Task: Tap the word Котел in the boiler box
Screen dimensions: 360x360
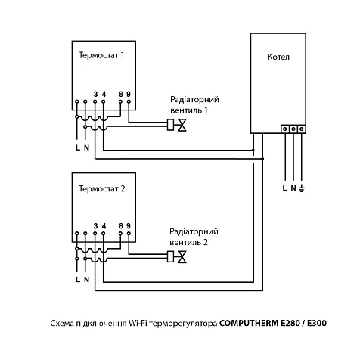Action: [x=279, y=57]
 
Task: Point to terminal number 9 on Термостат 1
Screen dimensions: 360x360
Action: [x=129, y=95]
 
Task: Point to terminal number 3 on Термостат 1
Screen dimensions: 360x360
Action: [x=95, y=95]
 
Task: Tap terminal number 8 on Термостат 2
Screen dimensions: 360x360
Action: [x=121, y=226]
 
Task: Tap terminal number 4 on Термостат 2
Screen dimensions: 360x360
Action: [x=104, y=226]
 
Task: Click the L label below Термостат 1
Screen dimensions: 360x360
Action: [x=77, y=147]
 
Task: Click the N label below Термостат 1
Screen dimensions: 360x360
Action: [x=86, y=147]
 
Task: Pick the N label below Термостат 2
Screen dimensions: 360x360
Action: [x=86, y=279]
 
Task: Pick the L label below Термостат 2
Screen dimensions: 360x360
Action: [x=77, y=279]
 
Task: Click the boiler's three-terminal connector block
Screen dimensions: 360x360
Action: [x=293, y=129]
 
